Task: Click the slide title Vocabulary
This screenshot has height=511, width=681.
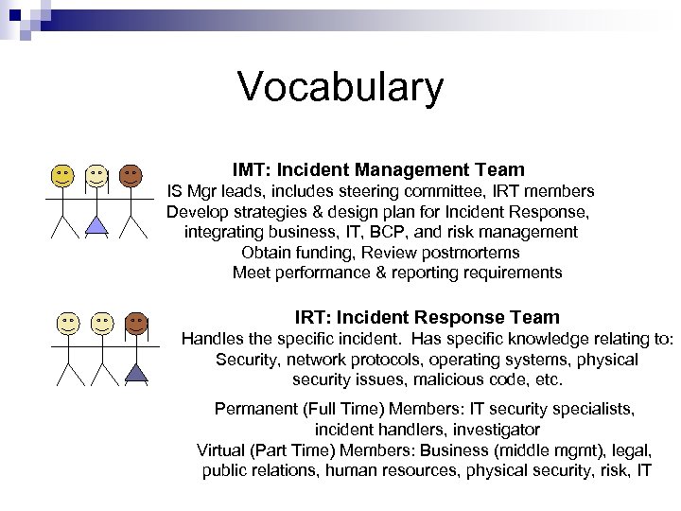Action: point(340,87)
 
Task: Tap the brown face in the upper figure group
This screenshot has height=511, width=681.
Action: point(131,175)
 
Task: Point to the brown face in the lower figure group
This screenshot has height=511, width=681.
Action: point(135,323)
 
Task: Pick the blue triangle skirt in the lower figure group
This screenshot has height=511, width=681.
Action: point(135,372)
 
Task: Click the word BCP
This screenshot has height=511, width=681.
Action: point(397,232)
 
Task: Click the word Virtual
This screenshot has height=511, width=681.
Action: point(220,449)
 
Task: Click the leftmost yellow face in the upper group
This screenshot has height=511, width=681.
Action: point(61,175)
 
